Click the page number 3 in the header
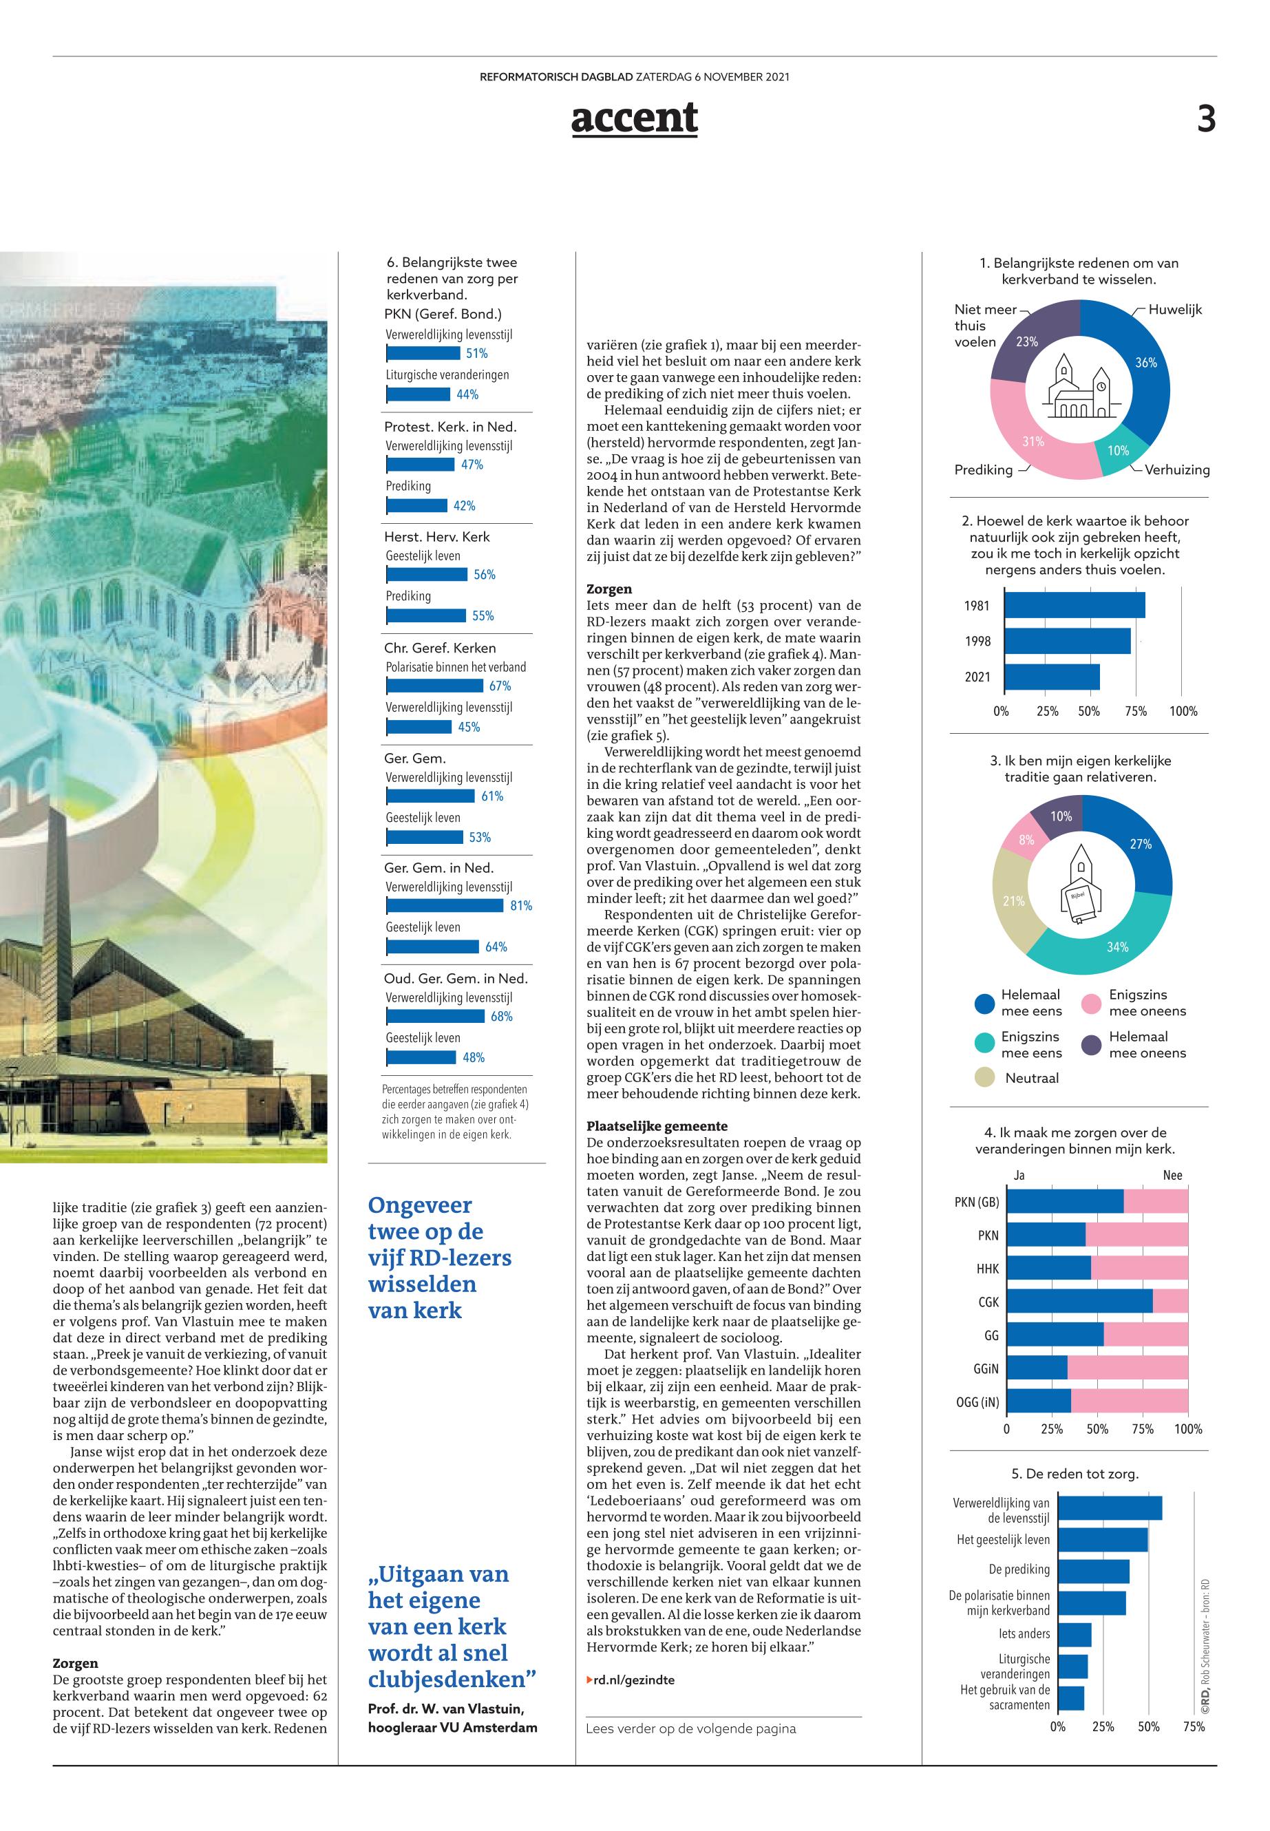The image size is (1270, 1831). pyautogui.click(x=1207, y=119)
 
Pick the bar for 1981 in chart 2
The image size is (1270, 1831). pyautogui.click(x=1075, y=606)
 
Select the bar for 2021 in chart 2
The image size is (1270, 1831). pyautogui.click(x=1052, y=677)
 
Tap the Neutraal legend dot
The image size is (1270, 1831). pyautogui.click(x=985, y=1078)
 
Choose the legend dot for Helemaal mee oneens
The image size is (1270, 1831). pyautogui.click(x=1092, y=1044)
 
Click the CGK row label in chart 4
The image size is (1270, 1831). pyautogui.click(x=988, y=1302)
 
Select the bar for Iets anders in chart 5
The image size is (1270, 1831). pyautogui.click(x=1075, y=1634)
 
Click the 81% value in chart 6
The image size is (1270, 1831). pyautogui.click(x=521, y=906)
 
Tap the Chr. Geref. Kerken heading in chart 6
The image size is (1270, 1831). pyautogui.click(x=440, y=648)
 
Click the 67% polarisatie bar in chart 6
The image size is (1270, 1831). pyautogui.click(x=435, y=686)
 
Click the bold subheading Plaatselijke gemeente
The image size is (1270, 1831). pyautogui.click(x=646, y=1126)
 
